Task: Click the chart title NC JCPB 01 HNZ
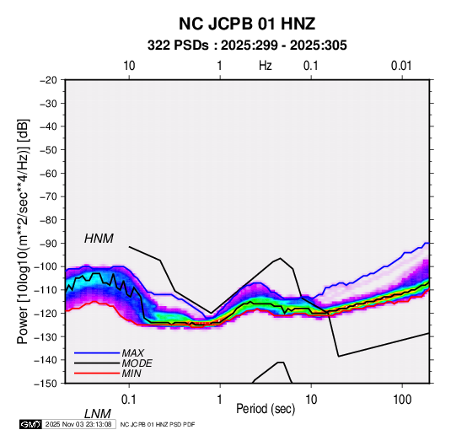pyautogui.click(x=247, y=24)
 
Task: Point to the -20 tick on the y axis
pyautogui.click(x=48, y=80)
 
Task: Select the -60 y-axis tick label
pyautogui.click(x=48, y=173)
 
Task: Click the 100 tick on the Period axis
pyautogui.click(x=402, y=400)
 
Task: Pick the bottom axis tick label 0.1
pyautogui.click(x=129, y=400)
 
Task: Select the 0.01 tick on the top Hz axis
pyautogui.click(x=401, y=66)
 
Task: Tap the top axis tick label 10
pyautogui.click(x=129, y=66)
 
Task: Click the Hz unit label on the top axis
pyautogui.click(x=266, y=66)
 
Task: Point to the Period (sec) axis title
pyautogui.click(x=266, y=409)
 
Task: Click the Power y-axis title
pyautogui.click(x=23, y=232)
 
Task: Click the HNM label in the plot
pyautogui.click(x=99, y=239)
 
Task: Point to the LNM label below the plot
pyautogui.click(x=98, y=414)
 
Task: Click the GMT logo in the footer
pyautogui.click(x=30, y=424)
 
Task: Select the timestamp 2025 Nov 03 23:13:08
pyautogui.click(x=78, y=424)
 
